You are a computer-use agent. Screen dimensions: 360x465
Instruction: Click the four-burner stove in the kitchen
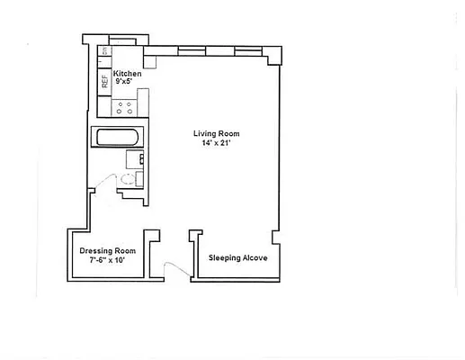tap(124, 110)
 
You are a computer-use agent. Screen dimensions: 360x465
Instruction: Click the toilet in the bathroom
tap(129, 178)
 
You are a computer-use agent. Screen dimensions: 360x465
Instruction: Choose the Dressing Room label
tap(107, 250)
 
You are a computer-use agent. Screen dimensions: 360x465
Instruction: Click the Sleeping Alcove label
tap(237, 257)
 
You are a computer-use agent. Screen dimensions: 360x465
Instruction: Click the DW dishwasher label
tap(104, 52)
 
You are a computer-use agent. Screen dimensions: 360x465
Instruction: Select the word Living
tap(204, 134)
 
